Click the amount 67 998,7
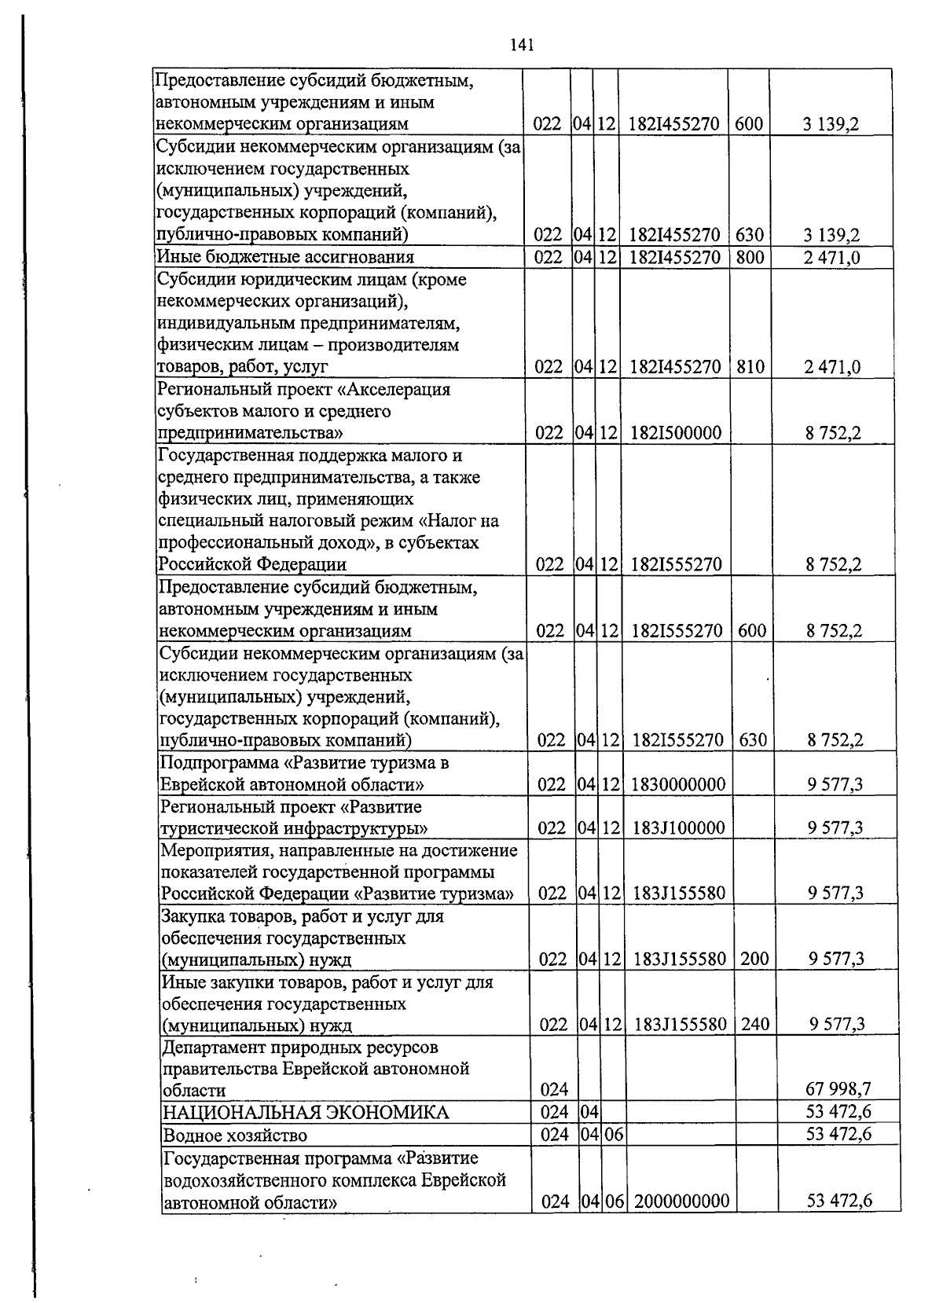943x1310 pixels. [x=838, y=1089]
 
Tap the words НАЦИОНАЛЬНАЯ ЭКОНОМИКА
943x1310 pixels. [x=305, y=1112]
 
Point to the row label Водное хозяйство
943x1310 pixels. [x=234, y=1135]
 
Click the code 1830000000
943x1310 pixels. [x=678, y=784]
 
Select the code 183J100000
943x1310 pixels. [x=678, y=827]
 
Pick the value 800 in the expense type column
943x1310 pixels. [x=750, y=256]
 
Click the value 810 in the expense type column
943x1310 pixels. [x=750, y=367]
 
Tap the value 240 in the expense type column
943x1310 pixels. [x=754, y=1024]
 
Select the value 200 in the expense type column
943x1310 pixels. [x=754, y=958]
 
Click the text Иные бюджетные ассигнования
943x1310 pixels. [x=284, y=257]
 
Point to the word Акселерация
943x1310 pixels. [x=401, y=390]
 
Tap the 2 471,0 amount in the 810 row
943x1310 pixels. [x=832, y=367]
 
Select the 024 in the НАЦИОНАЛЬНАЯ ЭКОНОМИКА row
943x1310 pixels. [x=554, y=1112]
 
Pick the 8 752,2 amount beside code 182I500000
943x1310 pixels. [x=833, y=433]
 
